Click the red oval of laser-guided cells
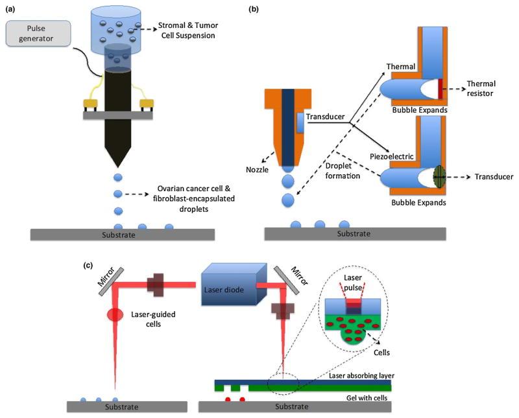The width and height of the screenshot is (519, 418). (x=114, y=314)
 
